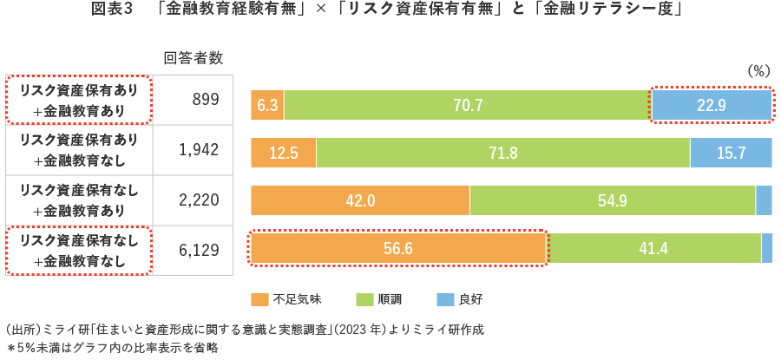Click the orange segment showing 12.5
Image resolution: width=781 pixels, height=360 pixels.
pyautogui.click(x=284, y=153)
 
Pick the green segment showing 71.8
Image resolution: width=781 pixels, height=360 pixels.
pyautogui.click(x=502, y=153)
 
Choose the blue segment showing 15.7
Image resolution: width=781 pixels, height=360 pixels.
pyautogui.click(x=731, y=153)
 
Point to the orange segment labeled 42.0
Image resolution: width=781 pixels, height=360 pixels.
pyautogui.click(x=360, y=200)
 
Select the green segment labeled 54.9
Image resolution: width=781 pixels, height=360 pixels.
pyautogui.click(x=612, y=200)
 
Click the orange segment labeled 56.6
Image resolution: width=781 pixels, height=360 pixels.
pyautogui.click(x=397, y=248)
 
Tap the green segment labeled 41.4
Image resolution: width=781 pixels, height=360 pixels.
pyautogui.click(x=653, y=248)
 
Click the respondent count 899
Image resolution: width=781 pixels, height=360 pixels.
pyautogui.click(x=205, y=101)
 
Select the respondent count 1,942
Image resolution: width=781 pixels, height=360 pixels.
pyautogui.click(x=199, y=150)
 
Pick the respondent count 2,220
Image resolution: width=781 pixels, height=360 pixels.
pyautogui.click(x=199, y=200)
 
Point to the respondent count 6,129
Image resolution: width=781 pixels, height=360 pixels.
pyautogui.click(x=199, y=249)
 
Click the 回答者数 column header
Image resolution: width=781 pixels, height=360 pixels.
pyautogui.click(x=194, y=58)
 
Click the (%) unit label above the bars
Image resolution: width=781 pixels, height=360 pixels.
pyautogui.click(x=758, y=71)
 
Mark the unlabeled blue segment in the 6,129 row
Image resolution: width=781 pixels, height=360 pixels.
pyautogui.click(x=766, y=248)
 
